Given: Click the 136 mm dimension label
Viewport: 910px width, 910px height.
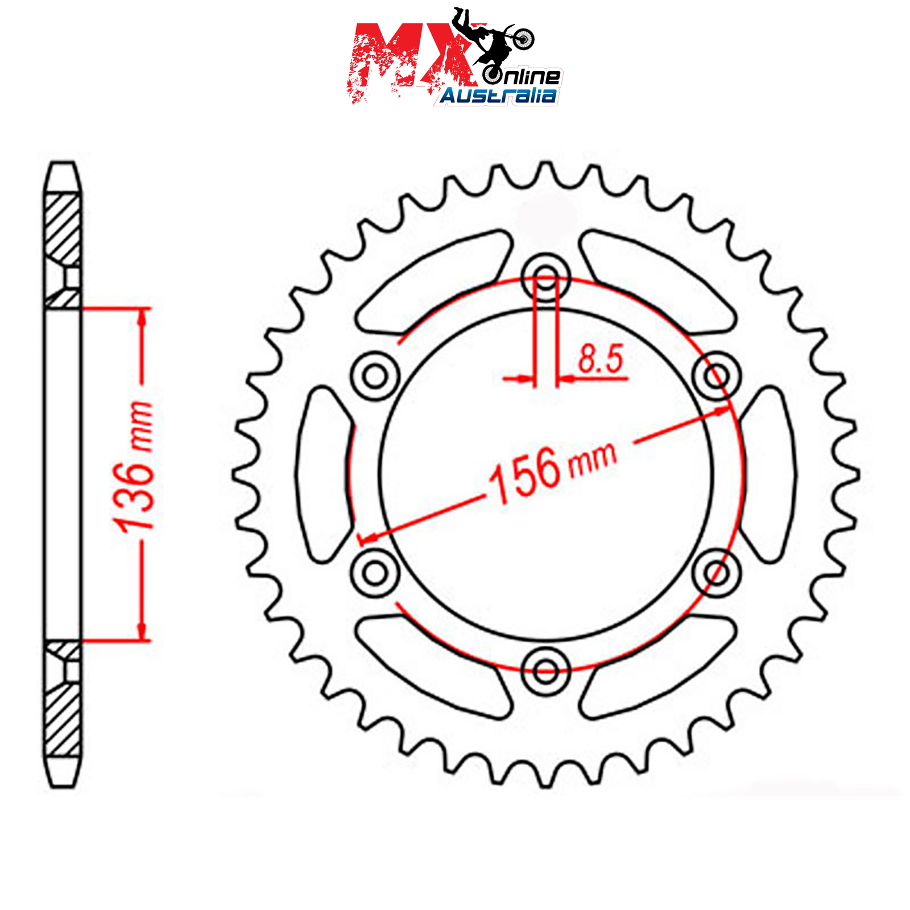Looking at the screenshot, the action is (134, 467).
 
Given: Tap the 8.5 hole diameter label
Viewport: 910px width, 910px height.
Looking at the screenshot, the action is (601, 359).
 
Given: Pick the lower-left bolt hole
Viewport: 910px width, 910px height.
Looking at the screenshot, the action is (375, 572).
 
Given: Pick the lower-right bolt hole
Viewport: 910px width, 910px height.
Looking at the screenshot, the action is (717, 572).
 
